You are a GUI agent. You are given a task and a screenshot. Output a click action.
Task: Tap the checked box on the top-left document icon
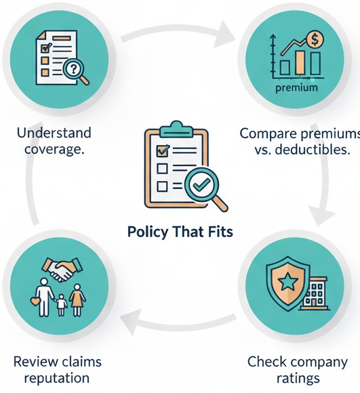pyautogui.click(x=46, y=47)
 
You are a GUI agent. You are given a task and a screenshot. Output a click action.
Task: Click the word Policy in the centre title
pyautogui.click(x=146, y=232)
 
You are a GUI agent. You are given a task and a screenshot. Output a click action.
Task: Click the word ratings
pyautogui.click(x=297, y=377)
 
